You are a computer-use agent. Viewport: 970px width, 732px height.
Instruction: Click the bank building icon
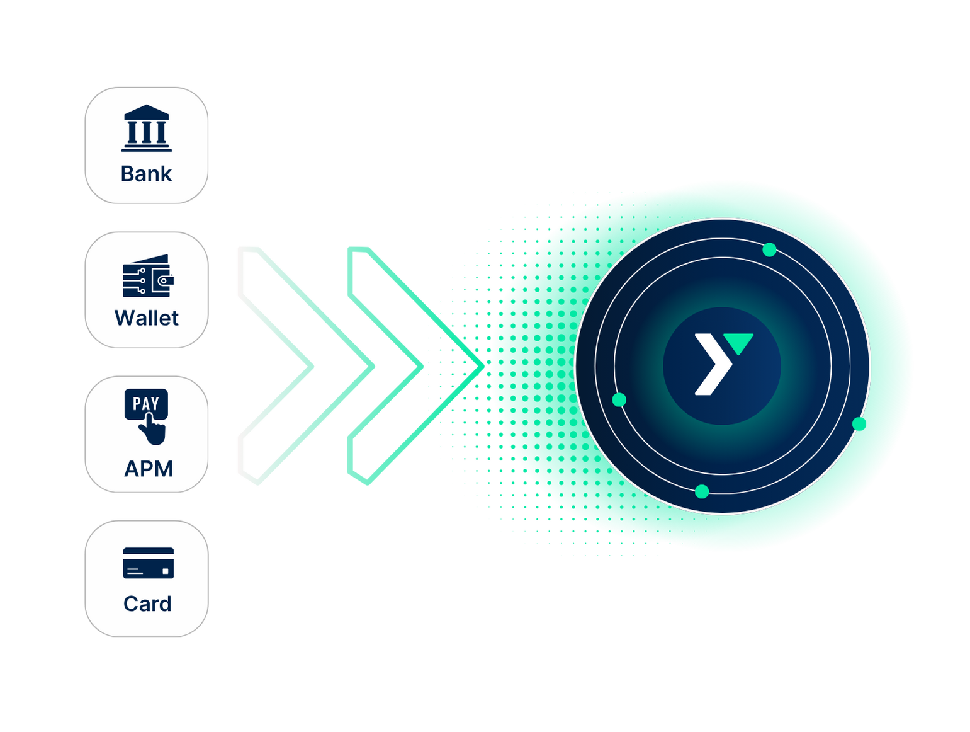coord(146,129)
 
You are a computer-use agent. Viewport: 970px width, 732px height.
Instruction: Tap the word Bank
coord(146,174)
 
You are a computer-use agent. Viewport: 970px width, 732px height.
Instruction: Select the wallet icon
coord(147,276)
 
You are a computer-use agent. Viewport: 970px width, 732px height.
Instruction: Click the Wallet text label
coord(147,318)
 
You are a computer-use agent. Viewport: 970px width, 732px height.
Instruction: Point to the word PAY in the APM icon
coord(146,403)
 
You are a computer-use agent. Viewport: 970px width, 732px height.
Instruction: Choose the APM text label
coord(149,469)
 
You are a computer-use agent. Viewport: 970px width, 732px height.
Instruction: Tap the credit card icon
coord(148,563)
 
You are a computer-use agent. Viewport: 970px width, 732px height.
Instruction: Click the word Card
coord(147,603)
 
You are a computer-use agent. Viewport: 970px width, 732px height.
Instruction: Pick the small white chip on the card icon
coord(166,571)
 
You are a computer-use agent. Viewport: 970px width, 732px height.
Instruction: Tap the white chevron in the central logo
coord(712,365)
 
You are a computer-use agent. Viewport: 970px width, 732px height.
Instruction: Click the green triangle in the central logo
coord(738,343)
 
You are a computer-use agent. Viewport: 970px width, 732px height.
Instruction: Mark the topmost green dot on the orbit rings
coord(769,250)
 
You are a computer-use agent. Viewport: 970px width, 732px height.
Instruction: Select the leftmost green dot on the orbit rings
coord(619,400)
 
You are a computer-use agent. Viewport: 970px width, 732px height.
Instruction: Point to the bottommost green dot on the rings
coord(702,491)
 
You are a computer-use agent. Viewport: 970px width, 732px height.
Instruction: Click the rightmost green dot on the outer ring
coord(858,423)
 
